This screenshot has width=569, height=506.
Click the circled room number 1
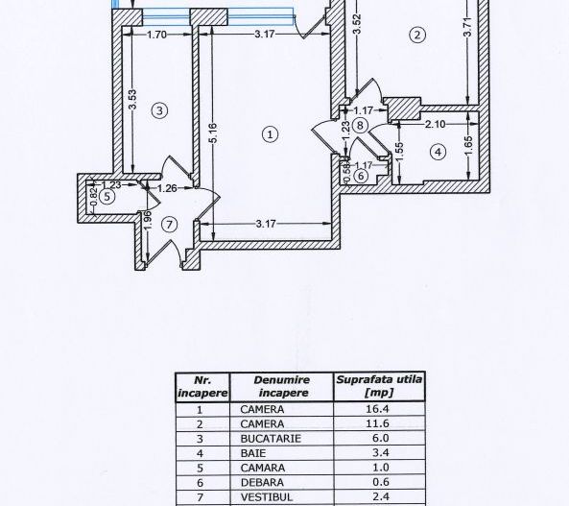pos(271,134)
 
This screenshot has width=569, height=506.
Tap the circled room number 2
pos(416,36)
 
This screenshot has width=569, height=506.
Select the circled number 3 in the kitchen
pos(160,110)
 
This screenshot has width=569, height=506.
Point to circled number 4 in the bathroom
pos(438,151)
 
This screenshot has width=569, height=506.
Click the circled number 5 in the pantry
pos(107,196)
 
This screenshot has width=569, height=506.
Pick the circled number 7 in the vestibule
pos(170,225)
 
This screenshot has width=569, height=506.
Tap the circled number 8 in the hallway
pos(360,124)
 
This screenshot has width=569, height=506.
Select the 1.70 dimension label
pos(157,36)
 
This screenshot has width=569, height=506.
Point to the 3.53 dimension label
pos(131,100)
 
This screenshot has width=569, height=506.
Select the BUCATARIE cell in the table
pos(271,437)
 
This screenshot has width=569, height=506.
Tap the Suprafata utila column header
pos(379,385)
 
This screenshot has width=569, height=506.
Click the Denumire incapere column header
pos(281,386)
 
